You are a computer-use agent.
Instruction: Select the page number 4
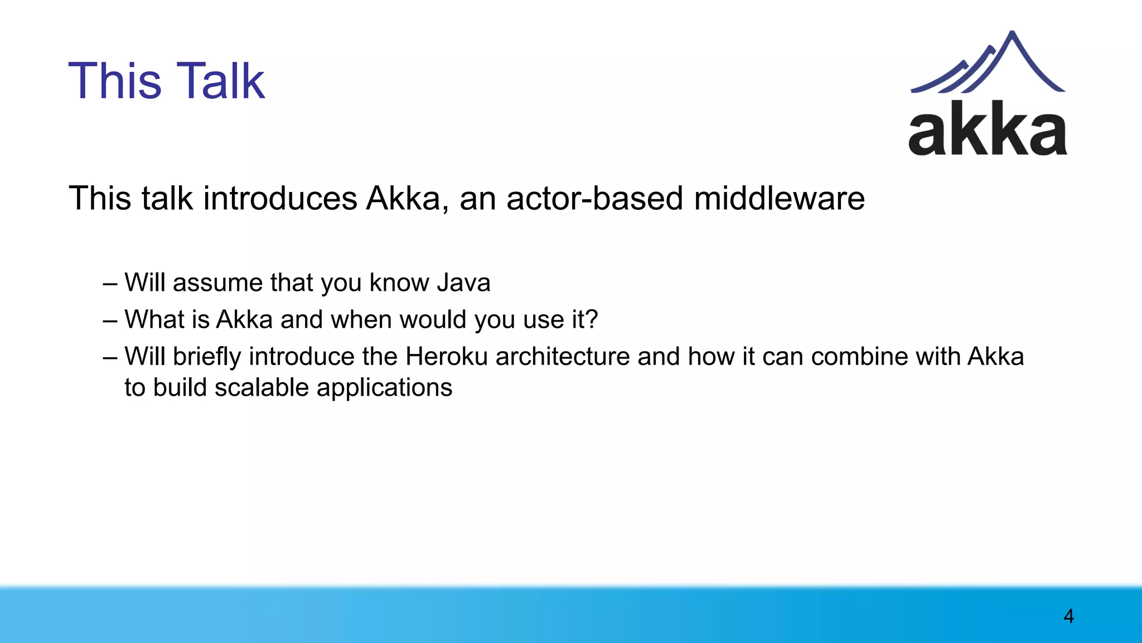(1068, 616)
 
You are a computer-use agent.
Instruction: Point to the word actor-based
(594, 199)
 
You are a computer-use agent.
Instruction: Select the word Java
(463, 282)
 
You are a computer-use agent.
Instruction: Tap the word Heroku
(447, 357)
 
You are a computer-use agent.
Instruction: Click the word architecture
(562, 357)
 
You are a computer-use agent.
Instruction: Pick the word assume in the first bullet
(217, 284)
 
